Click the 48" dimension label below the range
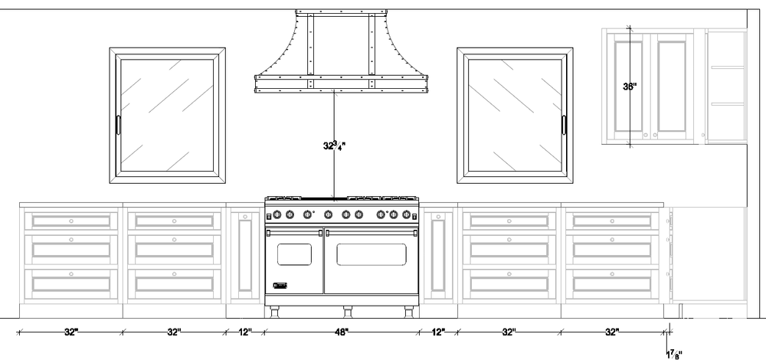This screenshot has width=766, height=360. point(342,332)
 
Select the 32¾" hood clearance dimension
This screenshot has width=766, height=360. point(333,144)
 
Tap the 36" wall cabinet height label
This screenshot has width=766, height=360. point(630,87)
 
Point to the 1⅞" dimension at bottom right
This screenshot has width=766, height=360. point(674,353)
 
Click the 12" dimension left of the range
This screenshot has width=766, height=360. point(245,332)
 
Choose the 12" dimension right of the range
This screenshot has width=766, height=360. point(438,332)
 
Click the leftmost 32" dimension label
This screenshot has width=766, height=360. point(71,332)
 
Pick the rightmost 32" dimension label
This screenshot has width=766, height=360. point(612,332)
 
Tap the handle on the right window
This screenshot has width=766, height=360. point(565,126)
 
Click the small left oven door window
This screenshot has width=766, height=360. point(294,254)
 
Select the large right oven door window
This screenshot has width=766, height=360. point(372,254)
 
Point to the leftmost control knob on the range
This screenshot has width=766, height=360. point(278,215)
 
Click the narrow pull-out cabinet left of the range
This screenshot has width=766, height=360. point(245,256)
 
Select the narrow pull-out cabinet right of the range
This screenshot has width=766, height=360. point(439,256)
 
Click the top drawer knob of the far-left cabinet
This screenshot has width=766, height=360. point(71,221)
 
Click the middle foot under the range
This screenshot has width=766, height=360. point(347,311)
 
